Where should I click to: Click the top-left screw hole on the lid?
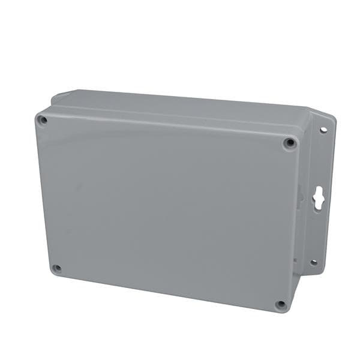(x=43, y=120)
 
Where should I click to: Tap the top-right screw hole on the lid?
(x=290, y=143)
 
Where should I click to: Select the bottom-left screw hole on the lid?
(x=56, y=268)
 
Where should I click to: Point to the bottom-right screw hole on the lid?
(x=281, y=304)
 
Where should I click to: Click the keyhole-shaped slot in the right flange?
(x=318, y=197)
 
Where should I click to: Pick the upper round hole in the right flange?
(x=323, y=130)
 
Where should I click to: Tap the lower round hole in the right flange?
(x=313, y=262)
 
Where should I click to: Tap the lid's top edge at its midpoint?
(x=168, y=124)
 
